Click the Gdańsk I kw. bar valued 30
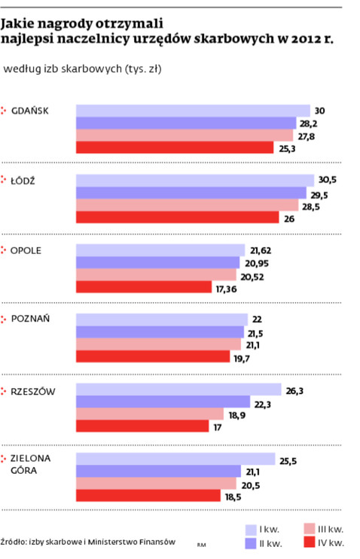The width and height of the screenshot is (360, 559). click(x=193, y=111)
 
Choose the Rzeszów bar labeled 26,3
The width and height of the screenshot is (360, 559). click(x=171, y=389)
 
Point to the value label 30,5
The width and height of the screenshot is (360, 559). click(x=329, y=180)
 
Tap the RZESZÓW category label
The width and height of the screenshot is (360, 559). click(x=33, y=391)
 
